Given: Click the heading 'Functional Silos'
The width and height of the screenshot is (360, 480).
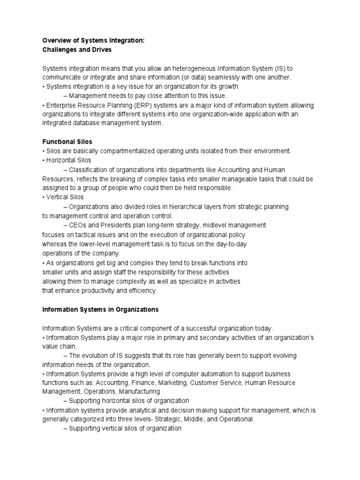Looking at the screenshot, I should pos(67,142).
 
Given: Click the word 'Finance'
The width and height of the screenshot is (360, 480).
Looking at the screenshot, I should pos(142,383).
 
